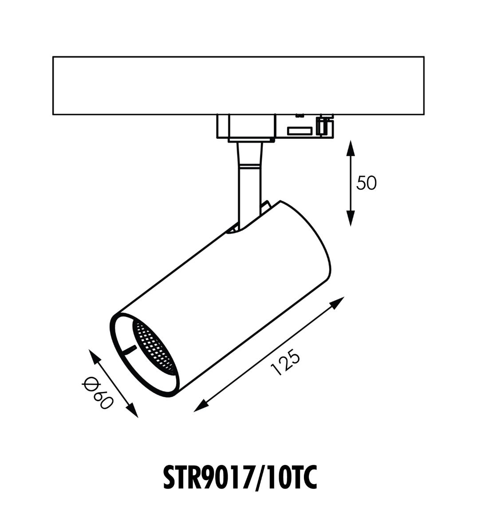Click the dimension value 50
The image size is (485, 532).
367,183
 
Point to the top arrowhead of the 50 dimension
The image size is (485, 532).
351,149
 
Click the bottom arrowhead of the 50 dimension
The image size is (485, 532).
351,218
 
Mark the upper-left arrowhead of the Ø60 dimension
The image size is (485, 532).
94,356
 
